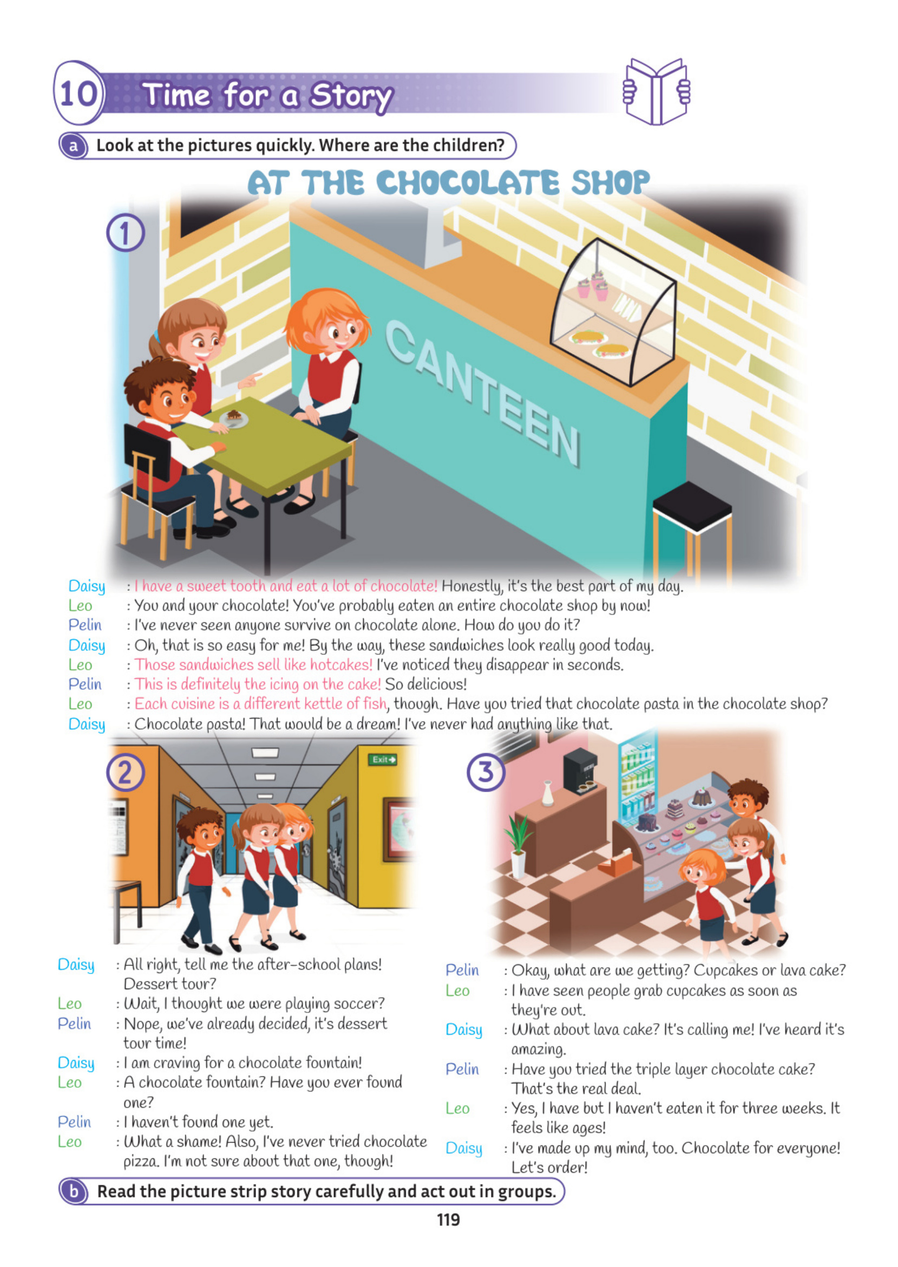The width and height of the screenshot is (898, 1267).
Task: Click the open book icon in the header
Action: [x=657, y=92]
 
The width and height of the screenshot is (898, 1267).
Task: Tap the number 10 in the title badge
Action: [x=78, y=93]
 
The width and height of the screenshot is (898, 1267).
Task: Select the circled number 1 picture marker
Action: [x=126, y=233]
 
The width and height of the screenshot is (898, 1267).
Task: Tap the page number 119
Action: [x=448, y=1219]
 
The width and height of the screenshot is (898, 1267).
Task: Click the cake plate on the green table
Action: [x=233, y=418]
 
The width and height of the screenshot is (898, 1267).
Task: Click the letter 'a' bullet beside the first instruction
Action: [x=74, y=146]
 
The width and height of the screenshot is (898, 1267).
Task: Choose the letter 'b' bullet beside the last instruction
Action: [x=74, y=1191]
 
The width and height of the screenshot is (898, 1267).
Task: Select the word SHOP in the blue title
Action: [x=610, y=183]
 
